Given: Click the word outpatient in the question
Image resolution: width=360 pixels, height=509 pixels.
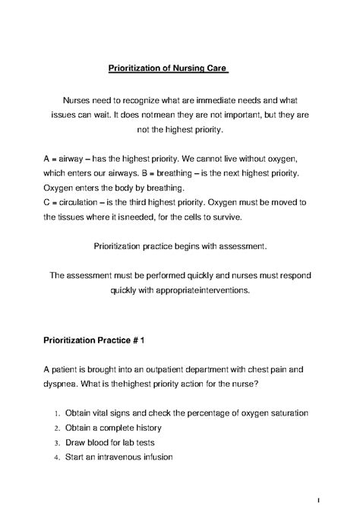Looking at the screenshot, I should pyautogui.click(x=182, y=368).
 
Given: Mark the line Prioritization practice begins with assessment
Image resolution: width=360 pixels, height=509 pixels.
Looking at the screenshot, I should pyautogui.click(x=179, y=246).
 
